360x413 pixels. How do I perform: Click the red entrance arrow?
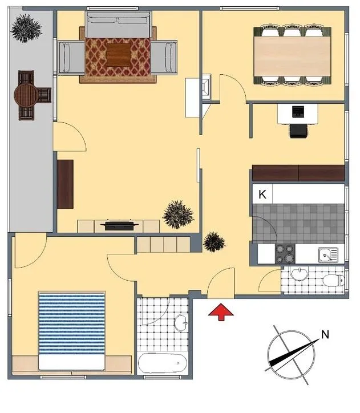221,311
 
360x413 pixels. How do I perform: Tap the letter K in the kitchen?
262,195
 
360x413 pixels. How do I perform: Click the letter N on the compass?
325,334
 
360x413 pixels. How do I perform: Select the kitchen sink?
328,254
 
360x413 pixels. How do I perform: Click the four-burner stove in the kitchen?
285,254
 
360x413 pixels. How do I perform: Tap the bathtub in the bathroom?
163,363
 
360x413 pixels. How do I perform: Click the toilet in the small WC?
333,280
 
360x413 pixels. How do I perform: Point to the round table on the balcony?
26,95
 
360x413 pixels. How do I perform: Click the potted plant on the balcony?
26,28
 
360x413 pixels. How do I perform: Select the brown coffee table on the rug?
119,55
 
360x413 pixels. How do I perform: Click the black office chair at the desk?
298,131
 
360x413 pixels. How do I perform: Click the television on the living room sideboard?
120,225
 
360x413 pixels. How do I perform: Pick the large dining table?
292,56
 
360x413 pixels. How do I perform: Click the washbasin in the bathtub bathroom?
181,323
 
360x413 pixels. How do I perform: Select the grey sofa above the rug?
118,25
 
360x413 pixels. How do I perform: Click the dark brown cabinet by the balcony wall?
65,184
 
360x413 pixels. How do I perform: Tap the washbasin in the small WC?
300,274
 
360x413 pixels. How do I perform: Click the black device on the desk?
298,112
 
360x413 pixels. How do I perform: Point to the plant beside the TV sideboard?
178,214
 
